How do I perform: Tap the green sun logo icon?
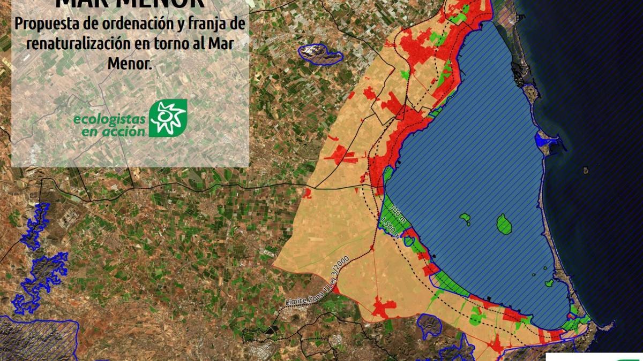167,118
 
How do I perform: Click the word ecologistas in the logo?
109,120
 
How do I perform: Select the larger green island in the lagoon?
504,223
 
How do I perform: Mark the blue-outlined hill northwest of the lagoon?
320,53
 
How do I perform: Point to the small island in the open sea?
586,171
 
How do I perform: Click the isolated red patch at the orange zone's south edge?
384,309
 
